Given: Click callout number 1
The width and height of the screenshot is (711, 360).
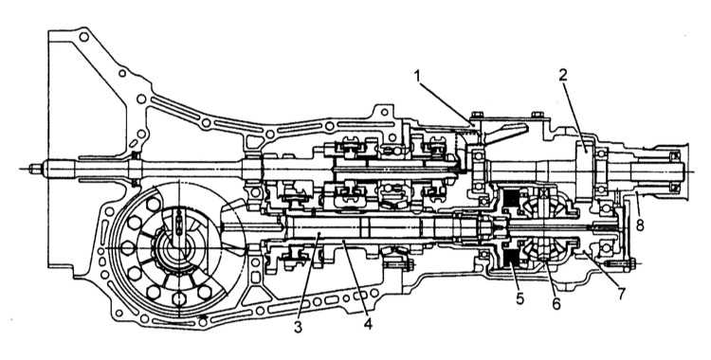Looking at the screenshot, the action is pyautogui.click(x=419, y=77).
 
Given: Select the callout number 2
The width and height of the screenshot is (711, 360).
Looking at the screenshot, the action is pyautogui.click(x=563, y=75).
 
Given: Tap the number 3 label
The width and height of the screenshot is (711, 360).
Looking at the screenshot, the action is pyautogui.click(x=298, y=327).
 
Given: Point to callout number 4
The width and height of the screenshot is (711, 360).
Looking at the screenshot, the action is pyautogui.click(x=368, y=323).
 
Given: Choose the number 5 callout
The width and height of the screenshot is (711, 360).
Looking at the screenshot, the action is pyautogui.click(x=520, y=298).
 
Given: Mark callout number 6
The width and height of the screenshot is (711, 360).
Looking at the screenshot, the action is pyautogui.click(x=556, y=303).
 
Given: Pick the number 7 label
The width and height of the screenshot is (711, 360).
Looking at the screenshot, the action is pyautogui.click(x=620, y=294).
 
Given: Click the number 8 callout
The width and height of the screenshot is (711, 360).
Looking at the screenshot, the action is pyautogui.click(x=640, y=225).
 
